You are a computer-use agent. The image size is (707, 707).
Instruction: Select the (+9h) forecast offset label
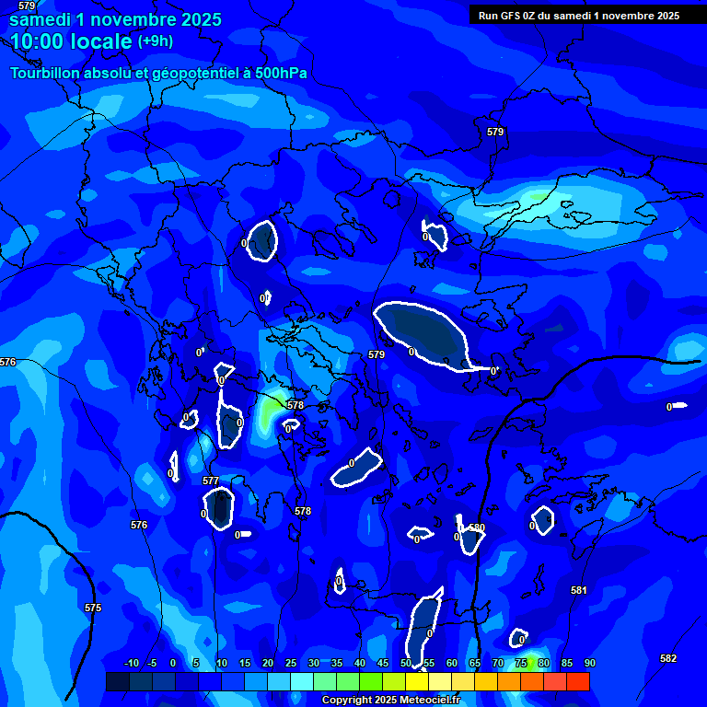coord(156,41)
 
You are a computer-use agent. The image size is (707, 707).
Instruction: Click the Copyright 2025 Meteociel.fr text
coord(390,700)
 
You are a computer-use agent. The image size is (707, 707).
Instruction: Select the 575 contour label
coord(93,608)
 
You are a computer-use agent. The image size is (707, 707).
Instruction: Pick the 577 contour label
coord(211,481)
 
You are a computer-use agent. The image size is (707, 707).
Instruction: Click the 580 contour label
coord(476,528)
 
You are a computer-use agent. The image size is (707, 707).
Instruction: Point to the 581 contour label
coord(578,590)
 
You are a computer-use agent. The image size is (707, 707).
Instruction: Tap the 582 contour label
coord(668,658)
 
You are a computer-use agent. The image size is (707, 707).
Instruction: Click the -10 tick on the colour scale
coord(131,663)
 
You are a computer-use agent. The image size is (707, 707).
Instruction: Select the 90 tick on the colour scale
coord(589,663)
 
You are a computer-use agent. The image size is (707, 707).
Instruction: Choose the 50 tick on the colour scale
coord(406,663)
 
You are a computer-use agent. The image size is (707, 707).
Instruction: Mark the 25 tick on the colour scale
coord(291,663)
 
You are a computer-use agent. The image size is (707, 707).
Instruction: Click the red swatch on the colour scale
coord(577,681)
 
